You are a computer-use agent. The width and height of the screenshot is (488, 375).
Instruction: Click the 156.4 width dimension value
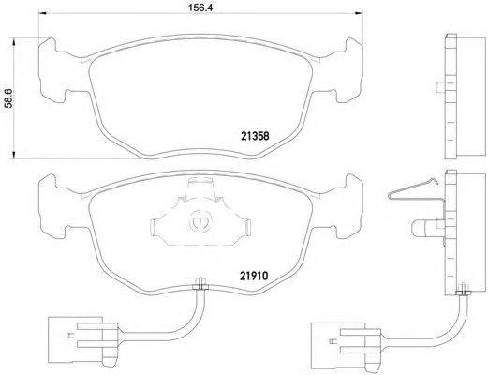click(200, 7)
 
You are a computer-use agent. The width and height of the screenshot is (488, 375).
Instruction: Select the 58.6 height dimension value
click(8, 98)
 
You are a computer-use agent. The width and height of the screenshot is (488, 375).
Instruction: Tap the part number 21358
click(255, 136)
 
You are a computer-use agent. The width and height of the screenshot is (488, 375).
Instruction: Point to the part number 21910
click(254, 276)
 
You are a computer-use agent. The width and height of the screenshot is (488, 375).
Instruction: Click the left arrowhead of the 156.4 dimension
click(42, 13)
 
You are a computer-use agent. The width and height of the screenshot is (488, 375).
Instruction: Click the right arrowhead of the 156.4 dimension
click(359, 13)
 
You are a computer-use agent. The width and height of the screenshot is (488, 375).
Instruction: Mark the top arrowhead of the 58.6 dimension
click(13, 42)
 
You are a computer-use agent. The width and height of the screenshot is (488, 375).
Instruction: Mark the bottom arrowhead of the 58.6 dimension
click(13, 155)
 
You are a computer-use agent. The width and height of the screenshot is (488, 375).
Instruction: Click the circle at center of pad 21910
click(199, 222)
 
